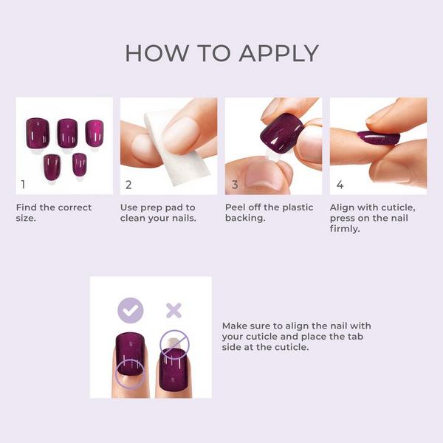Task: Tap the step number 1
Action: click(24, 185)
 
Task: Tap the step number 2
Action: click(128, 185)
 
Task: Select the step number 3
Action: click(234, 185)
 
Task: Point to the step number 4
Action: click(340, 185)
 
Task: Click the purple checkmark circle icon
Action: click(131, 310)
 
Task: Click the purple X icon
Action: click(174, 310)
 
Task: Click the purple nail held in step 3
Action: click(281, 134)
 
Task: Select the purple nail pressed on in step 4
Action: click(379, 137)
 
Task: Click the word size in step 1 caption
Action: click(27, 219)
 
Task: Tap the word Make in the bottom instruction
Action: click(236, 326)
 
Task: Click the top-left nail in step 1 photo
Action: click(38, 132)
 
